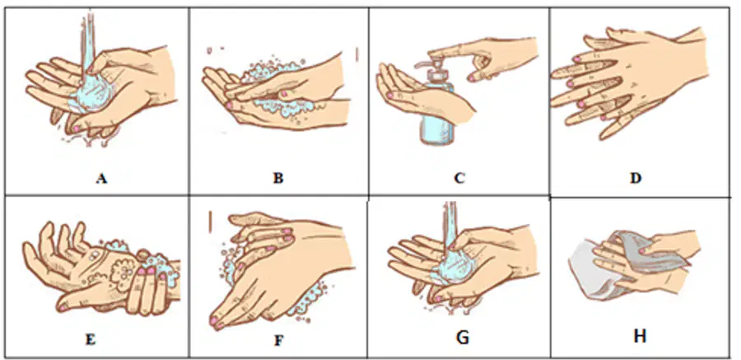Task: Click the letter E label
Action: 91,340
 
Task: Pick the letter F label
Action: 278,340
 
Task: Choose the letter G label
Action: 462,338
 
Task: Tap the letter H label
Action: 640,336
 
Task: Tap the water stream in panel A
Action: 88,43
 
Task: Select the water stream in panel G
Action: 450,222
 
